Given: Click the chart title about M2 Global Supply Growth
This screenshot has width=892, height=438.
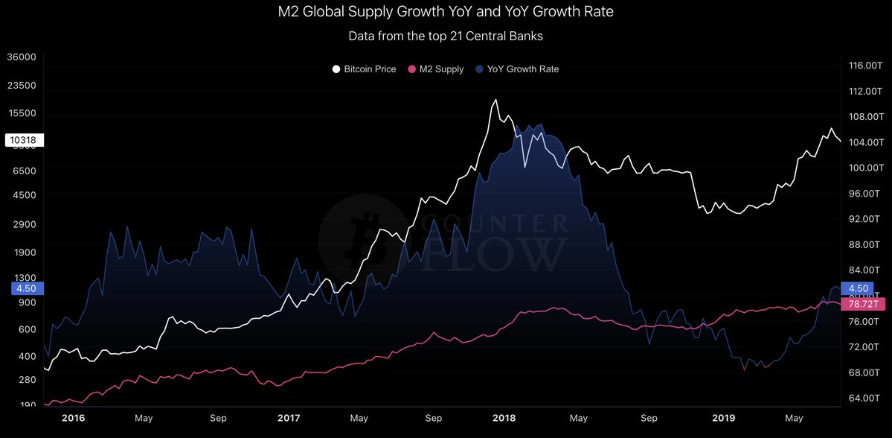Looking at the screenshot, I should point(446,12).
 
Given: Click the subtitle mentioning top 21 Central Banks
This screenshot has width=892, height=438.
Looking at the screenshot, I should point(446,35).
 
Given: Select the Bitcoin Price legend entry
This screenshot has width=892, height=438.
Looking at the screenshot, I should point(364,69).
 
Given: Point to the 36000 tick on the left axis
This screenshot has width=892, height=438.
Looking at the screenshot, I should point(21,57).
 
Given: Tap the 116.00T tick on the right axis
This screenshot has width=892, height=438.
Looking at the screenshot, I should point(864,66).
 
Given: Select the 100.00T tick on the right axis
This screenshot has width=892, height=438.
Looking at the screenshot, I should point(864,168).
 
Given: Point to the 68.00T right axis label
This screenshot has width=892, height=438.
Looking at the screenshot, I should point(864,372).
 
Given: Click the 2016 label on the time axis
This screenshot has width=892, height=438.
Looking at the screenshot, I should point(74,419).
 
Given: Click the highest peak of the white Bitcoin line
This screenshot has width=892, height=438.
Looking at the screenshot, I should point(495,100).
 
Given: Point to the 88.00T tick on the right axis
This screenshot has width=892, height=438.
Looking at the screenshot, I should point(864,244).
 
